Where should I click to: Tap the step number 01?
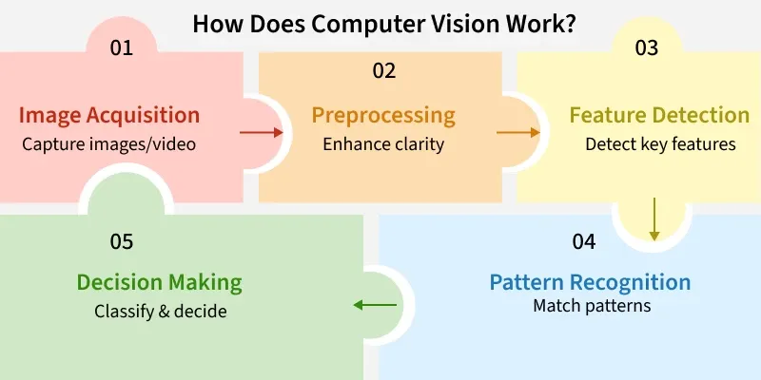click(121, 47)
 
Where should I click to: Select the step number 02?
click(384, 70)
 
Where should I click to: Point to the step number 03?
click(646, 47)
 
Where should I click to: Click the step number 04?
click(584, 241)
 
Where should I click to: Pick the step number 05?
click(121, 241)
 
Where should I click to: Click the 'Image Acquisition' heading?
click(109, 116)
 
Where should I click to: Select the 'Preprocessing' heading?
click(383, 116)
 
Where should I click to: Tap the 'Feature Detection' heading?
click(659, 116)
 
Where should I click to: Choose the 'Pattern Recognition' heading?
click(590, 282)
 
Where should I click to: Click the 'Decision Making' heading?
click(159, 282)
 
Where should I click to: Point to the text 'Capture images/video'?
click(109, 144)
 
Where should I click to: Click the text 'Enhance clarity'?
click(383, 144)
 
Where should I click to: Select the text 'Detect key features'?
click(659, 144)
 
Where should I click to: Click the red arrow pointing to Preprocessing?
click(255, 133)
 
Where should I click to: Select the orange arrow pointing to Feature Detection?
click(513, 133)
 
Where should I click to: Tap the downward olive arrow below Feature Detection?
click(654, 218)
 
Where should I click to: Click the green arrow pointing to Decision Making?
click(375, 305)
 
